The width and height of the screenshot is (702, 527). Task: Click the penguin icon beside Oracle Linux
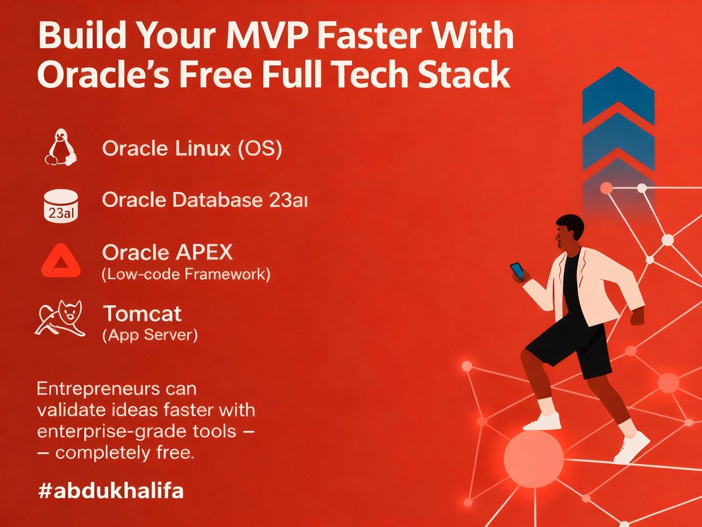coord(61,148)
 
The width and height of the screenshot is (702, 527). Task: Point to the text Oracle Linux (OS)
coord(192,149)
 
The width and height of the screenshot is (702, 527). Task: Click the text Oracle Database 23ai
coord(205,200)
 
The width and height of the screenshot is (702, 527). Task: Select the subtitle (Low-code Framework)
coord(186,275)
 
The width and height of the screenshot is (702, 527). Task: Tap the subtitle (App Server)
coord(150,336)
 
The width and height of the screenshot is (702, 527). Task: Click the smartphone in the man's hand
coord(517,271)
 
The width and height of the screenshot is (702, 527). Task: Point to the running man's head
coord(569,231)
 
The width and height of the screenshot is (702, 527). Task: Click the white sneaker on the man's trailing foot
coord(632,447)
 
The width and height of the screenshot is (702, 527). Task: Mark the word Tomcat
coord(142,314)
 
